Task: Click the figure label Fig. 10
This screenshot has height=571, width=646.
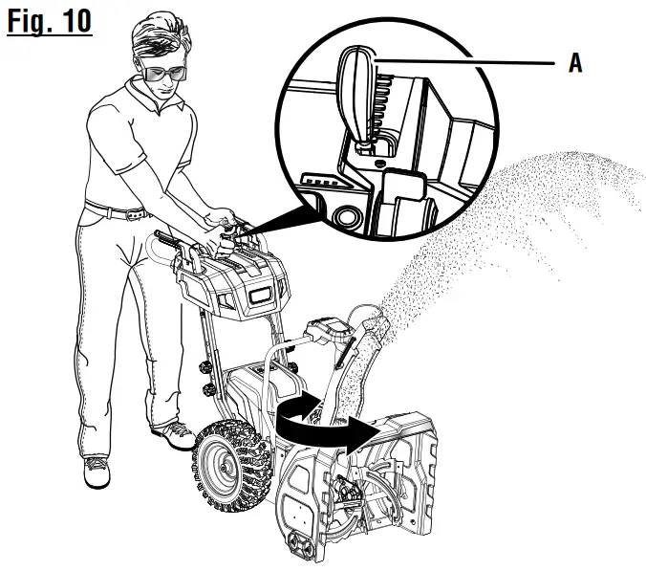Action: coord(47,20)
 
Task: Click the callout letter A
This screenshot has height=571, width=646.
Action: coord(574,64)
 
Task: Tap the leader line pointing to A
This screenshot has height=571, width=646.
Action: coord(468,63)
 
